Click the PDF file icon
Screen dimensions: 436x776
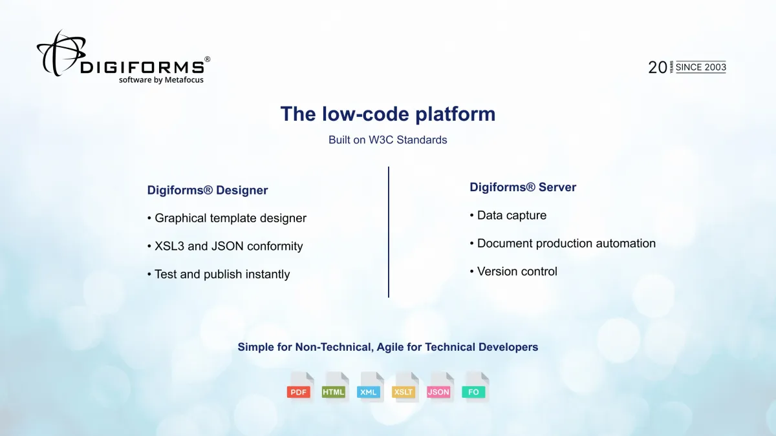tap(299, 388)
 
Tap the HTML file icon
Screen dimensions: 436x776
tap(334, 388)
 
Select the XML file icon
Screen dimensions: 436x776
tap(369, 388)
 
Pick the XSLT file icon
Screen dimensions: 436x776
tap(404, 388)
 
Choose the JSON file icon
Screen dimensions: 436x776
tap(439, 388)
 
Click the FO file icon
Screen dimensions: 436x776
tap(474, 388)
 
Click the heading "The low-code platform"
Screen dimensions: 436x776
tap(387, 114)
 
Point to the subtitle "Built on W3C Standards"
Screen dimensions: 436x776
tap(387, 140)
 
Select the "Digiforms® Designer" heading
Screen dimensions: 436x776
tap(208, 190)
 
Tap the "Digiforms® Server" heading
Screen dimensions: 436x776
tap(523, 187)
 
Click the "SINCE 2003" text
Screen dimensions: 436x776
tap(701, 67)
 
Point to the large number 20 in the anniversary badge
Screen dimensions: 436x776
tap(657, 67)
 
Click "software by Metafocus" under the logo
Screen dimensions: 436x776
tap(161, 80)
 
